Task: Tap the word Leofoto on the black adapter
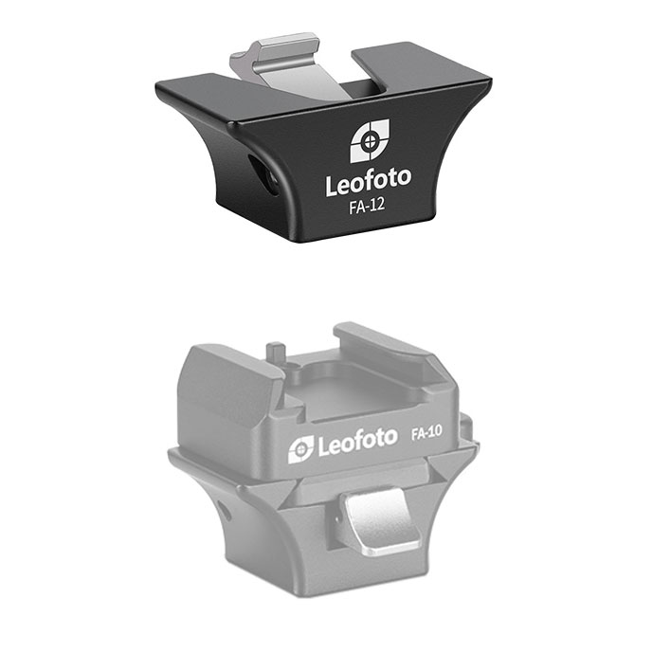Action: coord(370,183)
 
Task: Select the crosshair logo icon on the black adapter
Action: coord(370,142)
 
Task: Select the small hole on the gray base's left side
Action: coord(224,512)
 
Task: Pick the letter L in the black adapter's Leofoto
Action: coord(332,184)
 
